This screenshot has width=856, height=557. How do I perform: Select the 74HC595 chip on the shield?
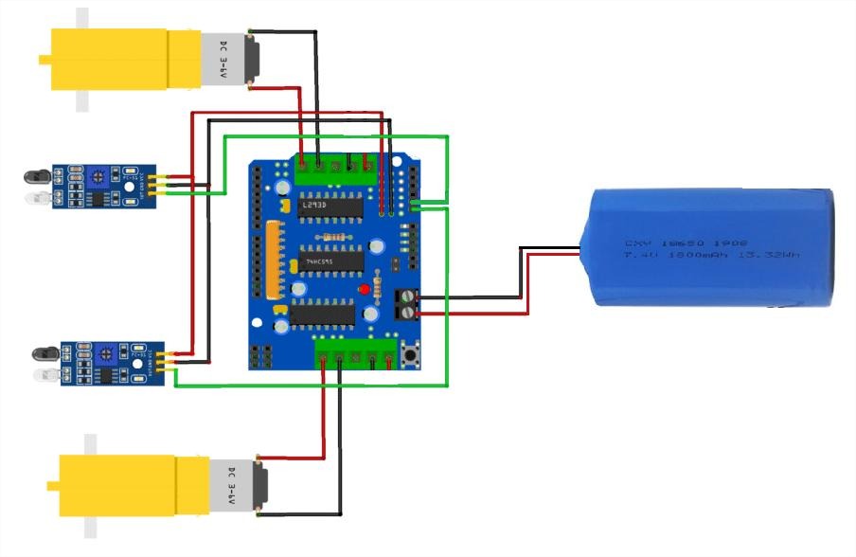point(330,261)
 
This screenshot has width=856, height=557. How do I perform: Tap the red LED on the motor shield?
point(364,289)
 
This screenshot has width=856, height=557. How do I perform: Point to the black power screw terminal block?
point(405,303)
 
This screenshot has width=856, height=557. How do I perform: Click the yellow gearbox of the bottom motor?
point(118,483)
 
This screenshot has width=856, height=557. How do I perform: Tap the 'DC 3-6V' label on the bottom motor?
point(230,485)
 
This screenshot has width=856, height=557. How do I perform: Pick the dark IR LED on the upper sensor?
point(35,176)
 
